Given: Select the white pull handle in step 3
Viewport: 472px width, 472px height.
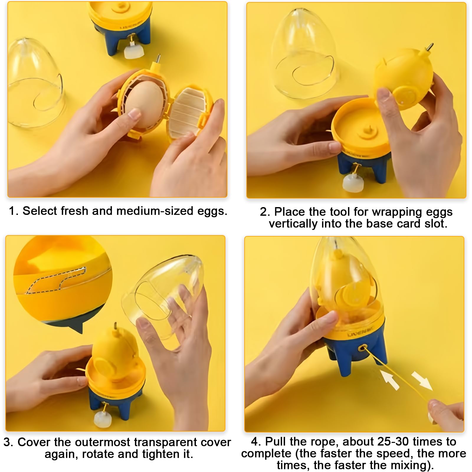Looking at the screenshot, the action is [102, 417].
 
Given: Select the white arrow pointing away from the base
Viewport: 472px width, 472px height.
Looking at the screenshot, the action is [422, 381].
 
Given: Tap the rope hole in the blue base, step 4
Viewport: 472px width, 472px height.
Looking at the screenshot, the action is [361, 349].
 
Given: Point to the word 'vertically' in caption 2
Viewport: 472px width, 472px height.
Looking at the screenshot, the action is [293, 224].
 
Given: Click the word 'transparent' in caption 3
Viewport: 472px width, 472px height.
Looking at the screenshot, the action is [164, 442].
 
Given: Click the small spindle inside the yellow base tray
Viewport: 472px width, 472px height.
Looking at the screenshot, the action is [367, 131].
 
